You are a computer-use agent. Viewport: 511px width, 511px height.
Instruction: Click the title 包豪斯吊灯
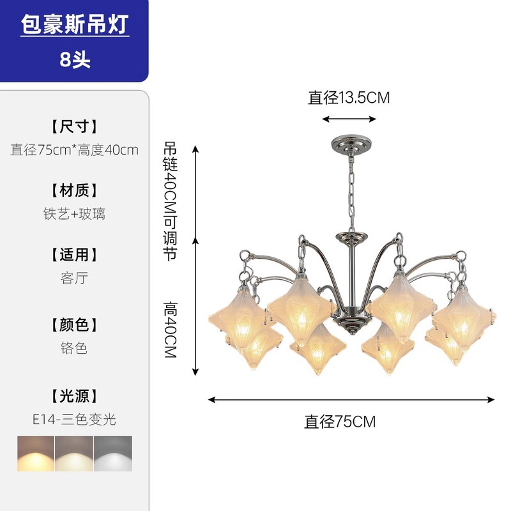coord(75,25)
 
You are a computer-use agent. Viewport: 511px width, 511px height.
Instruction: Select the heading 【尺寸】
coord(75,126)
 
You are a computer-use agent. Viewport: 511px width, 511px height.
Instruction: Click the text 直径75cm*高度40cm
coord(75,150)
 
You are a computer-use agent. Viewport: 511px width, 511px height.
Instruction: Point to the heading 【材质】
coord(75,190)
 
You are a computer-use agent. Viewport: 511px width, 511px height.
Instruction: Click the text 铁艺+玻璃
coord(75,214)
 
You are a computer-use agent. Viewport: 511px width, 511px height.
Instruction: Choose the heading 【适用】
coord(75,255)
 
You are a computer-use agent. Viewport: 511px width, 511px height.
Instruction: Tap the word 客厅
coord(75,278)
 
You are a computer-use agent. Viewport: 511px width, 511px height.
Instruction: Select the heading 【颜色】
coord(75,324)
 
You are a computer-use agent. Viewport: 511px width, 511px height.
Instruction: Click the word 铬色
coord(75,348)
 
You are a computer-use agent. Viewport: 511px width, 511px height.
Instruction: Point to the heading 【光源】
coord(75,396)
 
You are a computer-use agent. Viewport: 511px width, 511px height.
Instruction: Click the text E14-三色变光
coord(75,420)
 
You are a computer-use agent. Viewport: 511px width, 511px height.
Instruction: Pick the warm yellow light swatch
coord(36,454)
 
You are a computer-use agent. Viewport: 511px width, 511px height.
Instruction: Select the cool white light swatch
coord(113,454)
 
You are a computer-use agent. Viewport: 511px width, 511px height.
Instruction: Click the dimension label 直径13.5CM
coord(349,98)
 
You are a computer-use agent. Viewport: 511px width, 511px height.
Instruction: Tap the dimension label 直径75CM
coord(340,422)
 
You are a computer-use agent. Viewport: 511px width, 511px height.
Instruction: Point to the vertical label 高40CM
coord(170,329)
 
